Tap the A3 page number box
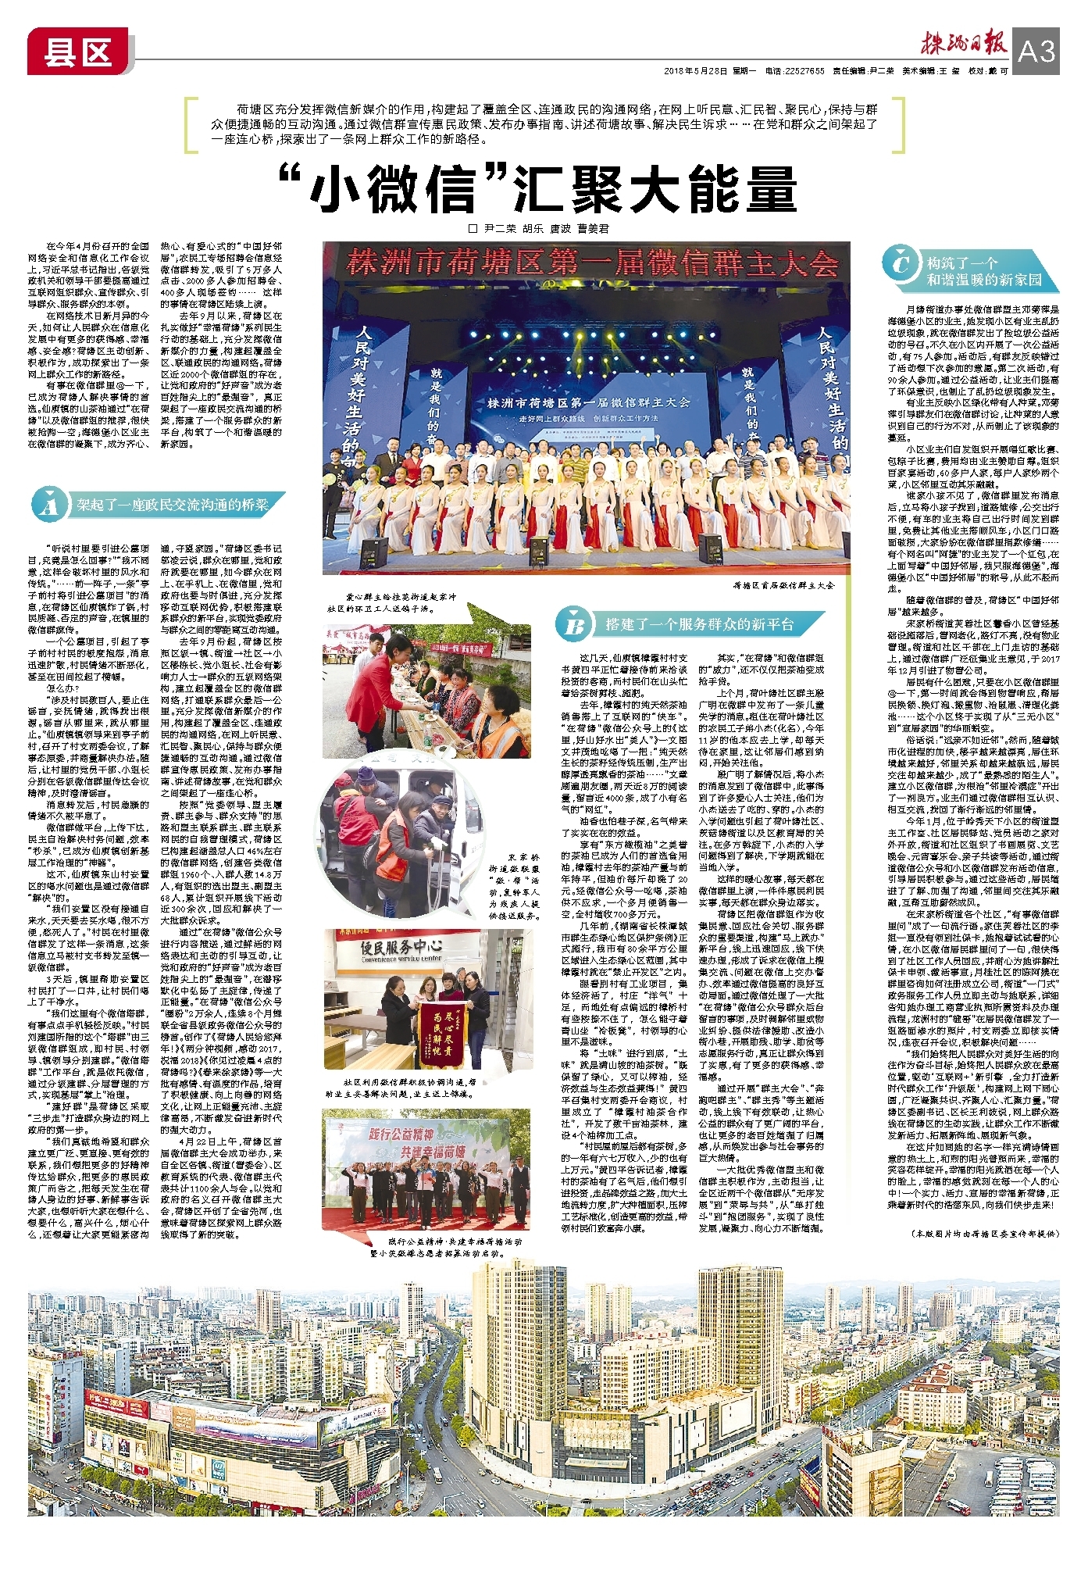(x=1036, y=52)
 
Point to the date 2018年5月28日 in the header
(x=695, y=71)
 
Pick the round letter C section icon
(x=901, y=263)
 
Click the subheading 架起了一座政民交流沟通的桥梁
(x=172, y=506)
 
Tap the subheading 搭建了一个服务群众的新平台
(x=699, y=624)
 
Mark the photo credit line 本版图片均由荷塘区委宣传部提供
(x=984, y=1233)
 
